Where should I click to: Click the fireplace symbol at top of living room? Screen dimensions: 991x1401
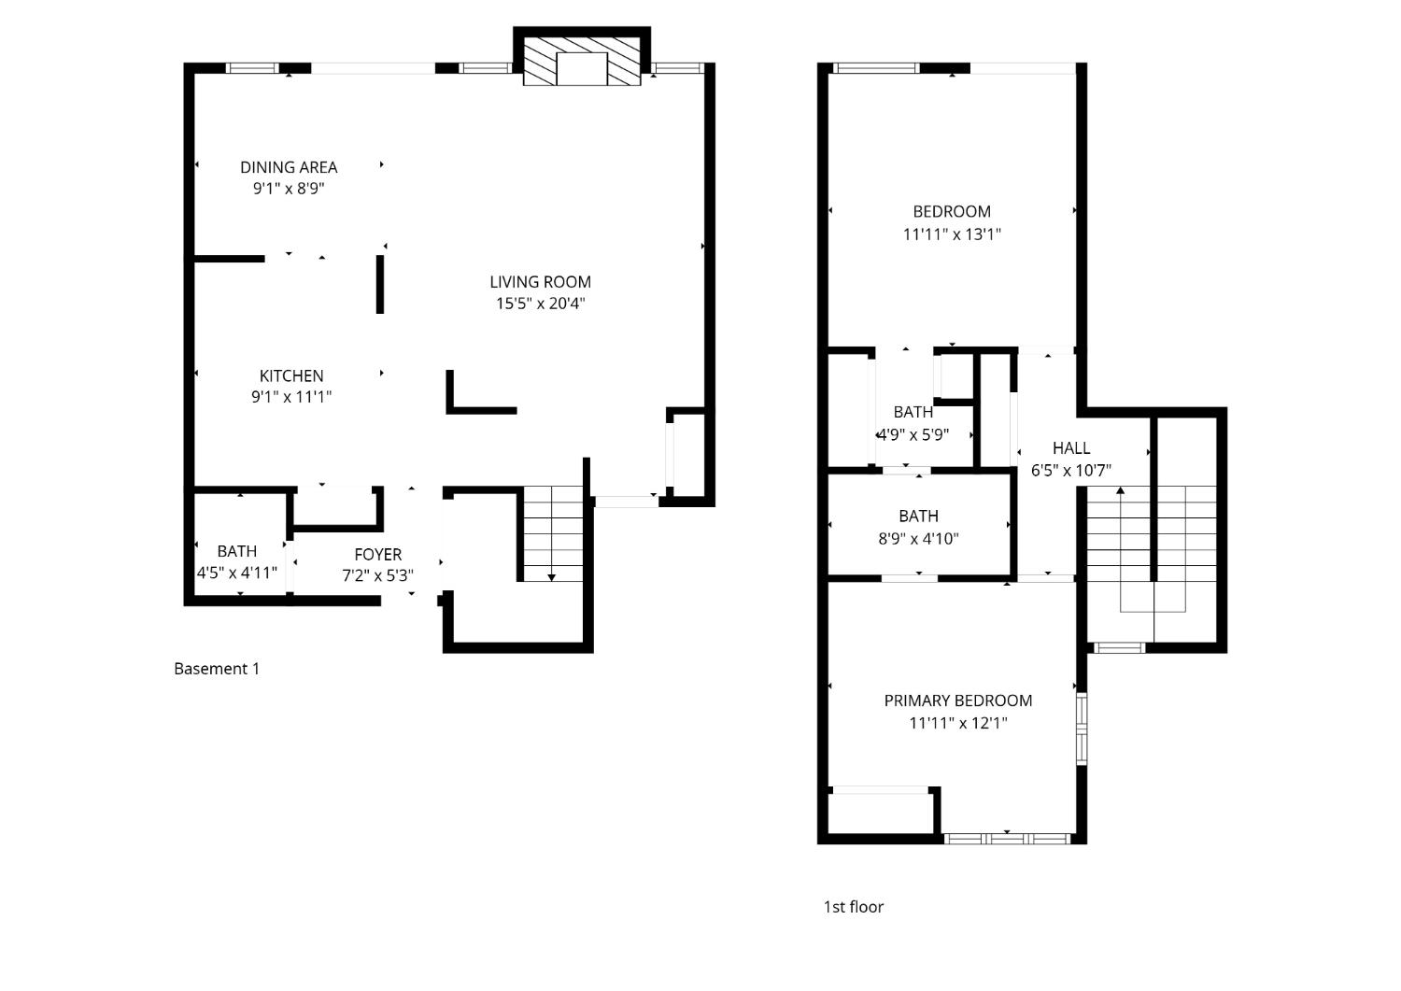click(582, 62)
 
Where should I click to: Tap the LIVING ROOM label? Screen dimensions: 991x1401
click(540, 281)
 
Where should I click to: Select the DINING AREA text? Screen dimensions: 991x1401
click(289, 167)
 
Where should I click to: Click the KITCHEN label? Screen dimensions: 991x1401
click(291, 375)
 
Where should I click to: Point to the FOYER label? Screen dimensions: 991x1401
click(377, 554)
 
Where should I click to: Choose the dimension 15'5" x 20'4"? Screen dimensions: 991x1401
click(540, 304)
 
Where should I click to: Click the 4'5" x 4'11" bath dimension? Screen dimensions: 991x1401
click(236, 573)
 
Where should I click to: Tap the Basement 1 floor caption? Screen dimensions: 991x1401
click(217, 669)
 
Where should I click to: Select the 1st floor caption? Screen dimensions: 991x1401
click(853, 907)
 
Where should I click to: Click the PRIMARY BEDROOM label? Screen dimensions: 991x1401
click(957, 701)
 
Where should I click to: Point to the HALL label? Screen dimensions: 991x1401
click(1070, 448)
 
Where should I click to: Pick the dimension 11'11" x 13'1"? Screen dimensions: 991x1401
click(952, 234)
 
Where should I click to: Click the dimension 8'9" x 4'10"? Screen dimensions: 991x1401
click(918, 539)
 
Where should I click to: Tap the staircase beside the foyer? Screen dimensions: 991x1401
click(552, 534)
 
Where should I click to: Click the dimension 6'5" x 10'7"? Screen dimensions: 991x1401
click(1070, 471)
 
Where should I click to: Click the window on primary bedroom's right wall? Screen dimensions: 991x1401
click(1082, 729)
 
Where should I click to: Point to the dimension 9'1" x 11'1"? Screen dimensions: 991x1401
click(291, 397)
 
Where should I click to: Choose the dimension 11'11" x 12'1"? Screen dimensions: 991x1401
click(957, 723)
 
